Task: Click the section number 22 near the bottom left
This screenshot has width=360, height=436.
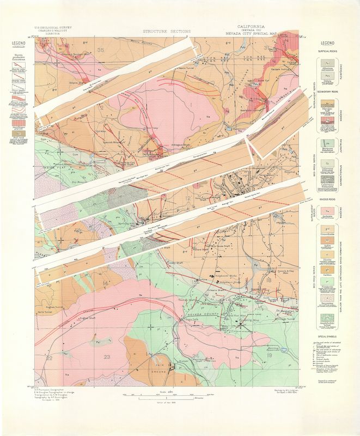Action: point(49,358)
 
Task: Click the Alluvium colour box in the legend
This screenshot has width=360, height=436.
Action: point(328,64)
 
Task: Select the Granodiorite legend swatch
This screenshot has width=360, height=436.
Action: point(328,222)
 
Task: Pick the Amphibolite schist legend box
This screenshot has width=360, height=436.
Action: point(328,320)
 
